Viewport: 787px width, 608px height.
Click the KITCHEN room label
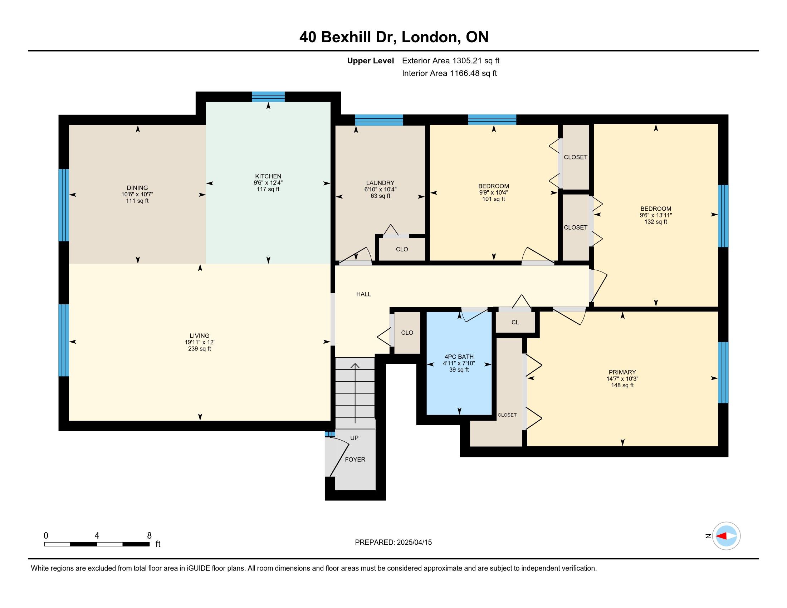[268, 176]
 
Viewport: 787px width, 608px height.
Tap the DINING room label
[137, 188]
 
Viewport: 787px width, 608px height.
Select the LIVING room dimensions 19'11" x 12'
[200, 342]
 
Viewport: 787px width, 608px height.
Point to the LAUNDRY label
[380, 183]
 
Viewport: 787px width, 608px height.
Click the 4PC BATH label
[459, 357]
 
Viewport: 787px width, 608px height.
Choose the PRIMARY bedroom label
[622, 372]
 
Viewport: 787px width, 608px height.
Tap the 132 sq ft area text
[656, 222]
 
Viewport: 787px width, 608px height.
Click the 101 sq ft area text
[494, 199]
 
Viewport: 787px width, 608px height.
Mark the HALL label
[363, 294]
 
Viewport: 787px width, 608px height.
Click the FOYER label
[355, 460]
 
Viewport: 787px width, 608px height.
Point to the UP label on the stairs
[354, 438]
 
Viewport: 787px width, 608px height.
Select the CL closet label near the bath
[515, 322]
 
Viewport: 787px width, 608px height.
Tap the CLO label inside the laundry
[402, 249]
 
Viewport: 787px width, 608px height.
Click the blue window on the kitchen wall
[268, 97]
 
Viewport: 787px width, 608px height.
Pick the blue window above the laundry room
[379, 120]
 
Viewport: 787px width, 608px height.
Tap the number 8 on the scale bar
[149, 536]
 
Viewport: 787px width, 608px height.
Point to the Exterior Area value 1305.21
[466, 61]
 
